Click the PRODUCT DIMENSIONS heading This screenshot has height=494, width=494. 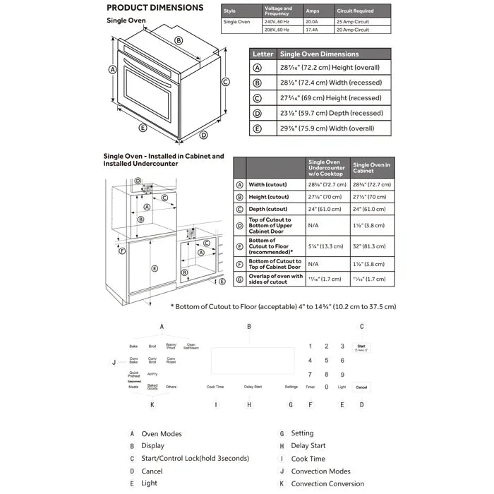pyautogui.click(x=155, y=8)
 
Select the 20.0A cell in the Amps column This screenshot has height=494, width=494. pyautogui.click(x=313, y=22)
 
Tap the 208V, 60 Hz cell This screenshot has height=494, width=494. pyautogui.click(x=277, y=30)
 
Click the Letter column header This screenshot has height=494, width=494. pyautogui.click(x=263, y=54)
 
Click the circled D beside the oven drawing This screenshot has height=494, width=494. pyautogui.click(x=203, y=135)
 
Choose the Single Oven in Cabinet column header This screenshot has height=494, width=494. pyautogui.click(x=371, y=167)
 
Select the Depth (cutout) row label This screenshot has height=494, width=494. pyautogui.click(x=267, y=209)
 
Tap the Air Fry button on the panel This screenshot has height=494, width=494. pyautogui.click(x=152, y=374)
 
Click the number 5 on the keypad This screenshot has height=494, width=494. pyautogui.click(x=326, y=361)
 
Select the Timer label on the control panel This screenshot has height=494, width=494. pyautogui.click(x=311, y=387)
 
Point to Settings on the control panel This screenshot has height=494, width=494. pyautogui.click(x=291, y=387)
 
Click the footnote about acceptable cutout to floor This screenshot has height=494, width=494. pyautogui.click(x=283, y=306)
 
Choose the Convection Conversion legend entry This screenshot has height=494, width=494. pyautogui.click(x=327, y=483)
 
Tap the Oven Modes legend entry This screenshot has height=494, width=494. pyautogui.click(x=162, y=434)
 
